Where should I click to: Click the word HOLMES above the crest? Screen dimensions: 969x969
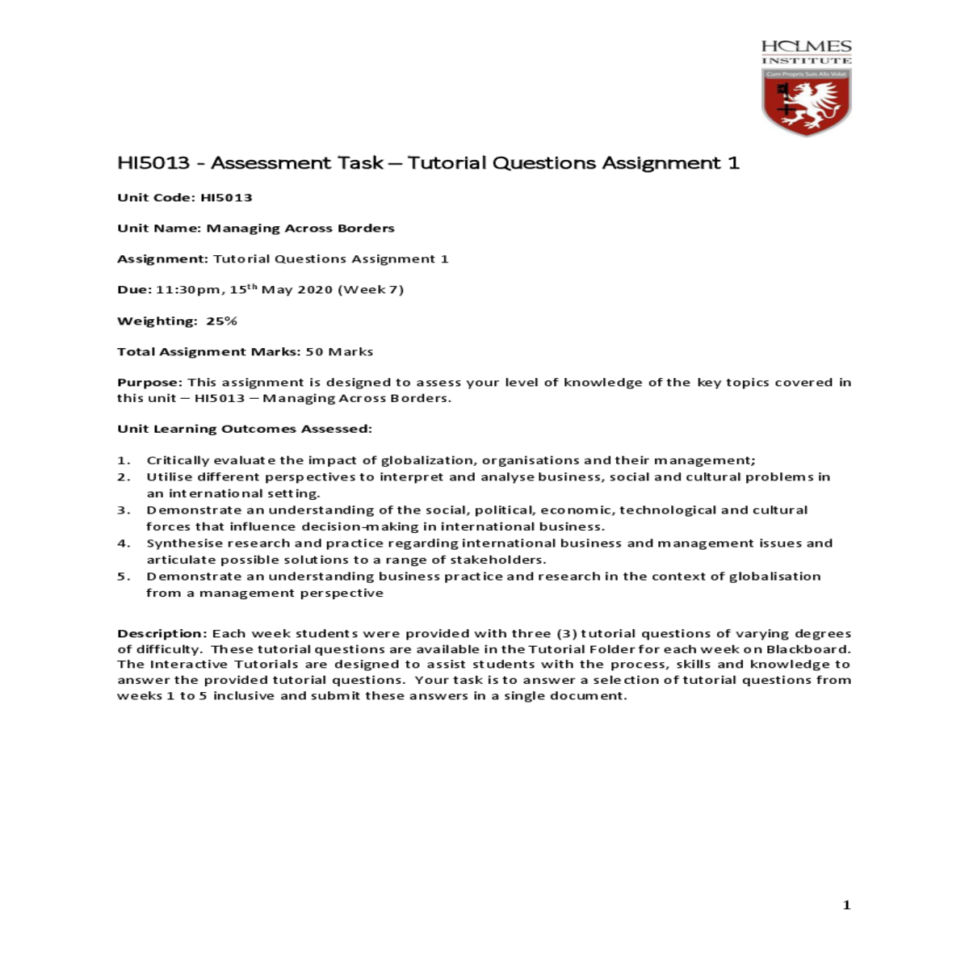tap(806, 47)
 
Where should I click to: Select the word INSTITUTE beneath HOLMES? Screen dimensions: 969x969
tap(806, 61)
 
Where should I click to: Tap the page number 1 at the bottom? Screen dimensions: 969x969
tap(846, 905)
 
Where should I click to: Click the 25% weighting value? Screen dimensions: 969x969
tap(221, 321)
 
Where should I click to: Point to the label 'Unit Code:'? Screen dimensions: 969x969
tap(156, 198)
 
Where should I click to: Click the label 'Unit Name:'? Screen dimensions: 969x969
tap(159, 229)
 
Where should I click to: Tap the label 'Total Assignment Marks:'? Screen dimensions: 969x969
tap(209, 352)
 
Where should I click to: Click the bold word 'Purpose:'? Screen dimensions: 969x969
tap(150, 383)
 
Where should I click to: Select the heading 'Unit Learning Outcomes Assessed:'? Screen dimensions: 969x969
tap(245, 429)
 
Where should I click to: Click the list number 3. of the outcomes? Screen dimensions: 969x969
tap(124, 510)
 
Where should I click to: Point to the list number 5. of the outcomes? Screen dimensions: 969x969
tap(124, 577)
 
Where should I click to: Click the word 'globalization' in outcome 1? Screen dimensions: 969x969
tap(428, 460)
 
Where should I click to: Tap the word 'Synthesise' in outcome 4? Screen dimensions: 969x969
tap(179, 543)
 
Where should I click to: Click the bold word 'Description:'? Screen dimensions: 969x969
tap(162, 634)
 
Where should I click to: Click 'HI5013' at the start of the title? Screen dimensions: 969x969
tap(153, 163)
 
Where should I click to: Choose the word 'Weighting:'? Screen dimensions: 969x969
tap(157, 321)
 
